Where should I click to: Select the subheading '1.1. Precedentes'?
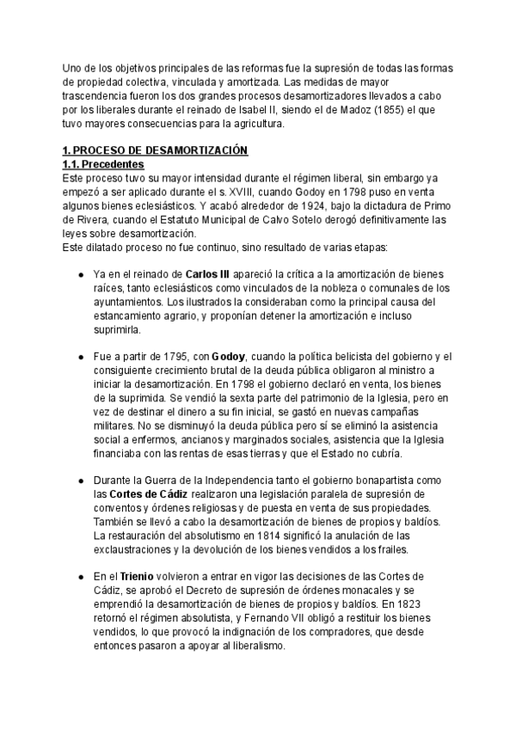tap(104, 164)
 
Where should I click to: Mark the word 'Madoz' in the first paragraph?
tap(344, 109)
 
